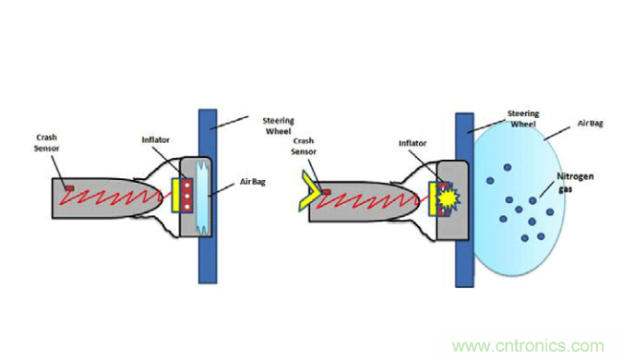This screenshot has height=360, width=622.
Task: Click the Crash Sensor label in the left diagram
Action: (46, 143)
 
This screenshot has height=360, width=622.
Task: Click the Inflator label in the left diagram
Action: (155, 139)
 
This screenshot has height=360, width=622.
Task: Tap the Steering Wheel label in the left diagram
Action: (278, 126)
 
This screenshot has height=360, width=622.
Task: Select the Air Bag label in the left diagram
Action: (252, 182)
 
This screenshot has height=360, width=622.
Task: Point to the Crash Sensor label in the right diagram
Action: (304, 146)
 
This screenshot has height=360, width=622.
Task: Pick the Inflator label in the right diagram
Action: (413, 143)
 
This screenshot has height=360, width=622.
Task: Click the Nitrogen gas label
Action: (575, 182)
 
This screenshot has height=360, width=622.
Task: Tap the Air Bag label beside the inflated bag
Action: (590, 124)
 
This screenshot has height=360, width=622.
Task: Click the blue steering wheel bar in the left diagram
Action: (208, 196)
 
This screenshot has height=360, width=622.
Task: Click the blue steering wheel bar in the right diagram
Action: (464, 200)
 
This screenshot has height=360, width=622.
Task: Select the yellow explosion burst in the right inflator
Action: (448, 198)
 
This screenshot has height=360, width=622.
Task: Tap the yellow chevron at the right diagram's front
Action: (309, 189)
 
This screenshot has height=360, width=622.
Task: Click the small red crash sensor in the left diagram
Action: (69, 187)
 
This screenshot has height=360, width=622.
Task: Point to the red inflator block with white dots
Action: (186, 195)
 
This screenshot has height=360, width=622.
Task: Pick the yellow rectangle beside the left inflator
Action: (176, 195)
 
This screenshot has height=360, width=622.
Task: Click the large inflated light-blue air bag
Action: (519, 198)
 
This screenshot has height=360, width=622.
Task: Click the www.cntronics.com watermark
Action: (528, 346)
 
